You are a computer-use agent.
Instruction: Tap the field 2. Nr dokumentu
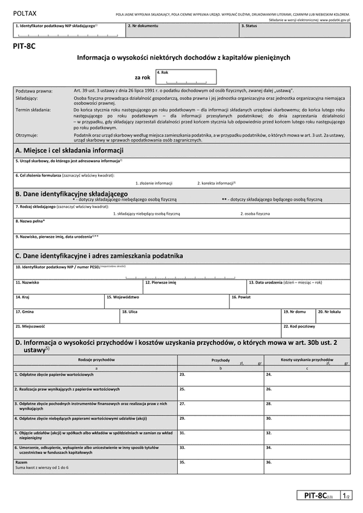click(181, 31)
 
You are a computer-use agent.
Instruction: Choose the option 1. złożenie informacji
click(154, 183)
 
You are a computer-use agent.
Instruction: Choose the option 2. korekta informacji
click(216, 183)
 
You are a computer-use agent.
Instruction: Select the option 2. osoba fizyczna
click(255, 214)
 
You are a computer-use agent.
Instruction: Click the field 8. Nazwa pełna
click(181, 226)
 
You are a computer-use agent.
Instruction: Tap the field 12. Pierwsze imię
click(194, 286)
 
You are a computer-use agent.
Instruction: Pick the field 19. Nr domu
click(298, 316)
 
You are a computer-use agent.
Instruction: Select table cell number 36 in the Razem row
click(306, 466)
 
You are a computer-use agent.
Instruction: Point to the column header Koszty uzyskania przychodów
click(307, 359)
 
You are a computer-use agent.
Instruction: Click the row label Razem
click(21, 462)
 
